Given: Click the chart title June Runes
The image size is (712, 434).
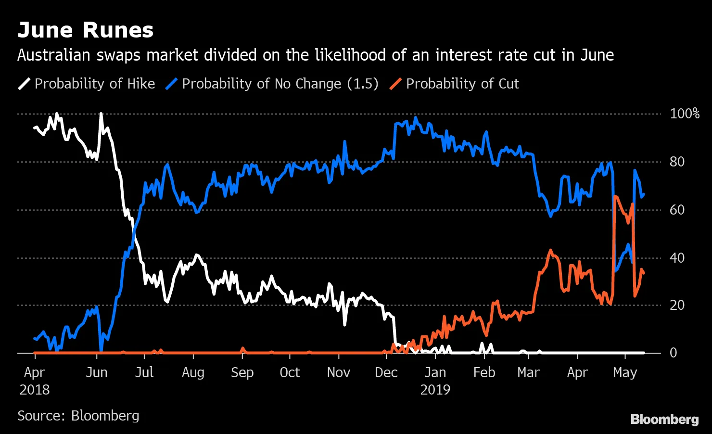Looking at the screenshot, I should tap(86, 30).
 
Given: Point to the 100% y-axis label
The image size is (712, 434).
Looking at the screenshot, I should tap(684, 114).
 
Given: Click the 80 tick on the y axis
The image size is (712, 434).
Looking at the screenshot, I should tap(677, 162).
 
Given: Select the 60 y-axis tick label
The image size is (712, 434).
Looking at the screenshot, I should tap(677, 210).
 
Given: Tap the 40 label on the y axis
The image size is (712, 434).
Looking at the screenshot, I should tap(677, 258).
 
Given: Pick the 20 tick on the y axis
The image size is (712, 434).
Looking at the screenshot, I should tap(677, 305).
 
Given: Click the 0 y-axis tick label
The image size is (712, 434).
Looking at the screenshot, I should tap(673, 353).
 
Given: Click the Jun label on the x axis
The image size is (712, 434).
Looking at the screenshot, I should tap(97, 373).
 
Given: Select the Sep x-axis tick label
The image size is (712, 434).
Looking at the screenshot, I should tap(242, 373).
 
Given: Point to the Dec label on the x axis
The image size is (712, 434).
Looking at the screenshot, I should tap(386, 373).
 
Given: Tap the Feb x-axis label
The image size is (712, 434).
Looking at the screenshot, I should tap(484, 373).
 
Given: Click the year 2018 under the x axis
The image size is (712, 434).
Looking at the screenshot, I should tap(35, 389).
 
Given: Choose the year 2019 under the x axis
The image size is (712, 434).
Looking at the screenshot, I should tap(435, 389).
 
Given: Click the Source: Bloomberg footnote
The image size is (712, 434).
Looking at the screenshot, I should tap(78, 416).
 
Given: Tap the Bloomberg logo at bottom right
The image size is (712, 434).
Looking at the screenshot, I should tap(664, 419).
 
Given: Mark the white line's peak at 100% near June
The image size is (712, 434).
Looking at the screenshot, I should tap(101, 114).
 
